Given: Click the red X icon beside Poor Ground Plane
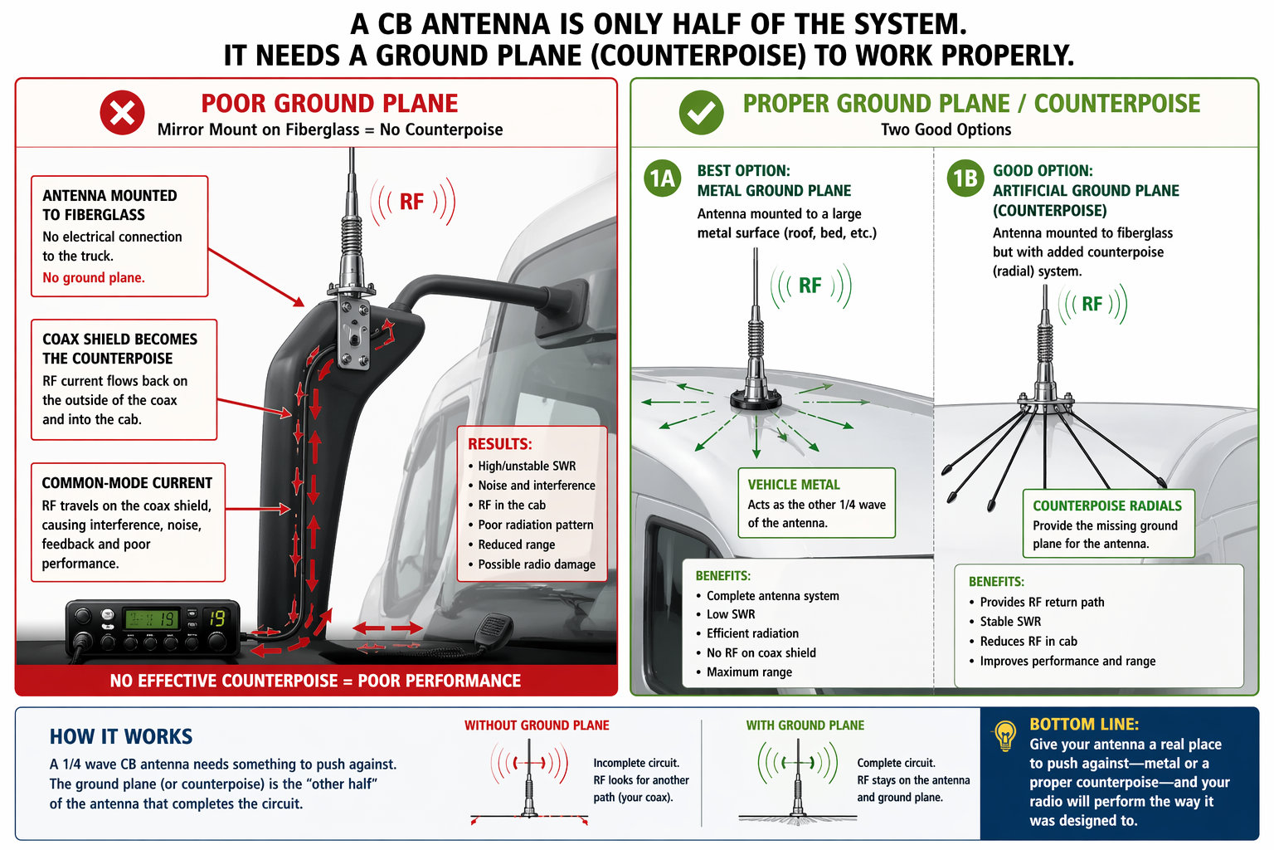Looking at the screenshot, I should [122, 113].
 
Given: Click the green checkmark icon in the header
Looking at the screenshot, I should [701, 113].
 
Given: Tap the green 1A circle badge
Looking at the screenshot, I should [662, 178].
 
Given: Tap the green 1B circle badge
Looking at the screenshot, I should [965, 178].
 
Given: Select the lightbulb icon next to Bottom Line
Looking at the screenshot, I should [1005, 735].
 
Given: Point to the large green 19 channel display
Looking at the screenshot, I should [216, 618].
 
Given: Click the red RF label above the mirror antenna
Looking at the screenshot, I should [411, 202].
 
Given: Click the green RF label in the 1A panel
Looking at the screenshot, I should [810, 286].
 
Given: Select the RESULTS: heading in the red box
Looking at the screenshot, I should [499, 444].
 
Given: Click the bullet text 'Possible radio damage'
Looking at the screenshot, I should [536, 564].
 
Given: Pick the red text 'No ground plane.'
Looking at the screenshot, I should [94, 278].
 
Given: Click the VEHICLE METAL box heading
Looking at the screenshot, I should [794, 485].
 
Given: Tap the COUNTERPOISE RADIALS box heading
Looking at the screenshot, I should [1106, 506].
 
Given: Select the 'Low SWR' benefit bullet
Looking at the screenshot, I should [730, 614].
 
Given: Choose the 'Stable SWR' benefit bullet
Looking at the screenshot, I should [1009, 622].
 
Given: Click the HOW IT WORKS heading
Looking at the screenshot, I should [121, 737].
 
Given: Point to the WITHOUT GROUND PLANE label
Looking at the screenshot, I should [537, 725].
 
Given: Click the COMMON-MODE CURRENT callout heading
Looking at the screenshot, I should [127, 483].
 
